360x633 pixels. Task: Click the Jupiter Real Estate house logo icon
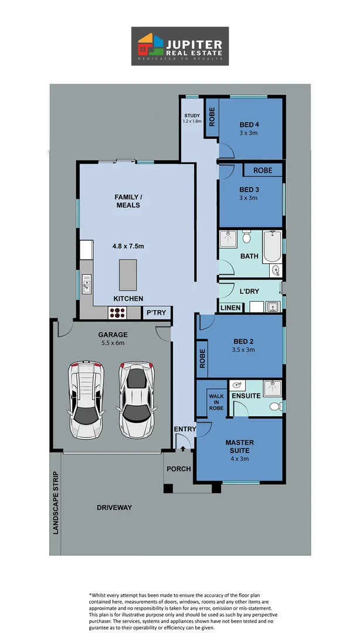coord(150,46)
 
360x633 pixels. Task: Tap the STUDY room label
coord(192,115)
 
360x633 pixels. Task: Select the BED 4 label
coord(249,125)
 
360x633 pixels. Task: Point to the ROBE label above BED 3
coord(262,171)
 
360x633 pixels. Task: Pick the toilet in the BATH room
coord(247,237)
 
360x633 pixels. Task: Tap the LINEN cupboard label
coord(229,308)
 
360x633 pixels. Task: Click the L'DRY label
coord(249,291)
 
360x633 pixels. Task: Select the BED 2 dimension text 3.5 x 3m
coord(242,350)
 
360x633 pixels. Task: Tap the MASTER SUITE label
coord(239,446)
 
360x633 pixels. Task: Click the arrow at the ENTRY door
coord(184,450)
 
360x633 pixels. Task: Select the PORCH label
coord(178,469)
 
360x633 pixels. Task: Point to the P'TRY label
coord(156,313)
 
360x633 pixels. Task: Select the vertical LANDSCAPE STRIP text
coord(56,502)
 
